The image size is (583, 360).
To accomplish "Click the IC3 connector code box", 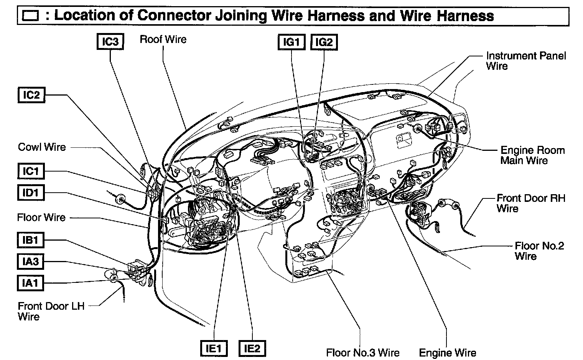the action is (110, 42).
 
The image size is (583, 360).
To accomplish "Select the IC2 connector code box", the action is (31, 95).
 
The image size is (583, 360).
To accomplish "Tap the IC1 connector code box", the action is (31, 171).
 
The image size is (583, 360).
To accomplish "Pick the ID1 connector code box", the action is (31, 192).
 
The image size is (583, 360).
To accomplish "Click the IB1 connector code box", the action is (31, 240).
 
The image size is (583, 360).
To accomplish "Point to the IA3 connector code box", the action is (31, 262).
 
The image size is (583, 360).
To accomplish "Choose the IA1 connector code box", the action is (31, 283).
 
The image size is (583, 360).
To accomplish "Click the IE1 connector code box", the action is (214, 348).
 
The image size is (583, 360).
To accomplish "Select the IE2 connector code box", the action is (252, 348).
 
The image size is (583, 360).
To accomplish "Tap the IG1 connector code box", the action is (291, 42).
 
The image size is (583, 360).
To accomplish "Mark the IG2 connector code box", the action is (324, 42).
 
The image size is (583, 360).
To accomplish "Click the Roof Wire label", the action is (163, 39).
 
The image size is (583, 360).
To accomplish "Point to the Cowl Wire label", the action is (42, 147).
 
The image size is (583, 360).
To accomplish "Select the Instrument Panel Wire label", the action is (525, 61).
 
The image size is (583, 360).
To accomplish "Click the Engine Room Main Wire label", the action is (532, 155).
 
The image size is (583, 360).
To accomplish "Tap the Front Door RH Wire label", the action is (525, 203).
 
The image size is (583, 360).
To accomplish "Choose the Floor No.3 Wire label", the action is (362, 352).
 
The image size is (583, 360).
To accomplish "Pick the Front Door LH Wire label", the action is (51, 311).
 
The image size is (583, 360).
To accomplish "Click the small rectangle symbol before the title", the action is (31, 17).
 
